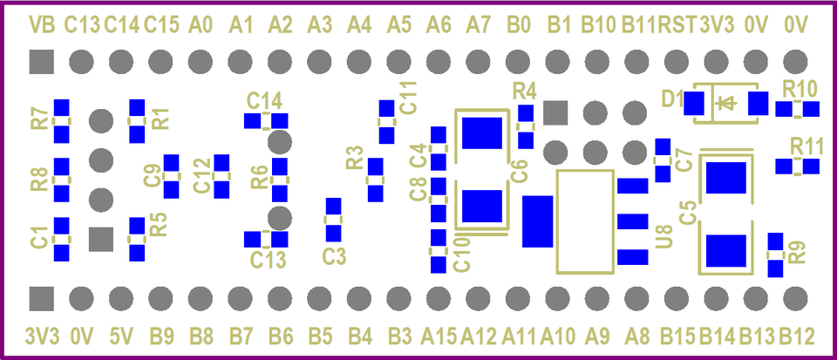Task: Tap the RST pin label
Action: [677, 25]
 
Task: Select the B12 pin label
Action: [796, 335]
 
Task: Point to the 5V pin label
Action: [120, 335]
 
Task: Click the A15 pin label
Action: [439, 335]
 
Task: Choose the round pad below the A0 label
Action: [200, 62]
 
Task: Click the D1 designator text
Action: [671, 98]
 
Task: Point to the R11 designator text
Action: [806, 145]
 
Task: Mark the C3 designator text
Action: [334, 256]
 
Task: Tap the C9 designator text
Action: [152, 175]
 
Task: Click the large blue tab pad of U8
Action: [538, 221]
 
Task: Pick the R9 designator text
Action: [796, 253]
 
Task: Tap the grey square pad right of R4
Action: [555, 112]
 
